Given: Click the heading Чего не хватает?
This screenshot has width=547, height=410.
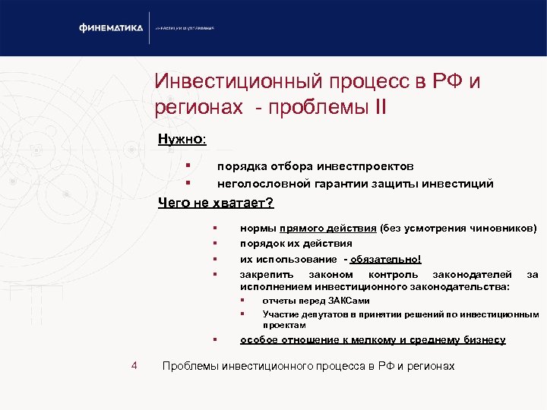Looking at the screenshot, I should click(x=216, y=203).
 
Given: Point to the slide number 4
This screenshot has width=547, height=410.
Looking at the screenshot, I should click(x=134, y=366).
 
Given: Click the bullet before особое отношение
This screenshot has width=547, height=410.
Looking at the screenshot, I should click(x=216, y=339).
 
